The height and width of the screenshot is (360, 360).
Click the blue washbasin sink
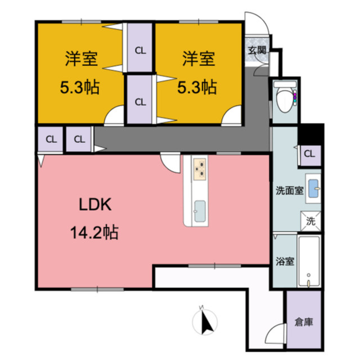pos(313,190)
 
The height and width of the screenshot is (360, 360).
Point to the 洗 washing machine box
pos(310,221)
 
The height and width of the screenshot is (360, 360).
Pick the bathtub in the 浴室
pos(309,262)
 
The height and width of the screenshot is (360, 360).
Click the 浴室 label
pos(285,261)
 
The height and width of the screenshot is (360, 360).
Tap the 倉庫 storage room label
pos(304,322)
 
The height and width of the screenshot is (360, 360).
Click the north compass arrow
pos(205,322)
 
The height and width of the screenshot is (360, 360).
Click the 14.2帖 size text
pos(94,231)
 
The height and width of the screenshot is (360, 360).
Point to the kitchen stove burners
pos(200,168)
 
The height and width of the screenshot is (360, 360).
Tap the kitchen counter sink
pos(200,211)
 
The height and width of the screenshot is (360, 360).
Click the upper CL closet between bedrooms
pos(140,49)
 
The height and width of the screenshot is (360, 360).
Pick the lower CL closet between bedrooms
pos(140,101)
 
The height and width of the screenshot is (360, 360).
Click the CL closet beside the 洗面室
pos(309,153)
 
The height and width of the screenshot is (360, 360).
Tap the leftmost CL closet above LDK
pos(51,138)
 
